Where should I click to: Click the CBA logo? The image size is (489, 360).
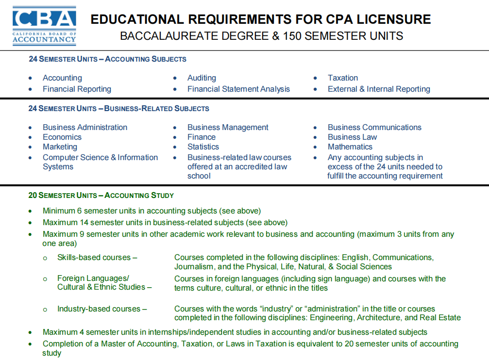click(x=44, y=25)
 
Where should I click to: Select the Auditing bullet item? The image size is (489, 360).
click(x=202, y=78)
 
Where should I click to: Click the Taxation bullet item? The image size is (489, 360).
click(x=342, y=78)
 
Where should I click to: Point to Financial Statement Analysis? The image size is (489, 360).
click(x=238, y=89)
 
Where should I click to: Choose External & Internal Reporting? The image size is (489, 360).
click(x=379, y=89)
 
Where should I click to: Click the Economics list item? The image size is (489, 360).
click(x=62, y=137)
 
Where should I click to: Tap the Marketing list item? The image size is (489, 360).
click(x=60, y=147)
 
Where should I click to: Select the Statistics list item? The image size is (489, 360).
click(x=203, y=147)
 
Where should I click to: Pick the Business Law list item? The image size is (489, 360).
click(x=352, y=137)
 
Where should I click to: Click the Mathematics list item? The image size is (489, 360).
click(x=350, y=147)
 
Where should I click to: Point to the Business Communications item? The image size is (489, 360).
click(x=374, y=127)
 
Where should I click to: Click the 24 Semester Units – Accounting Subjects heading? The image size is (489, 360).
click(x=107, y=59)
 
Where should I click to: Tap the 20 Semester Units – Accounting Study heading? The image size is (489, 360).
click(x=101, y=196)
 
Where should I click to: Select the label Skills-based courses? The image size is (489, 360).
click(x=96, y=257)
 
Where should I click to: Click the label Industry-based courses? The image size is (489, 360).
click(x=101, y=309)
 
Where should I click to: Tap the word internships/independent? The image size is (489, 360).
click(x=196, y=332)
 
